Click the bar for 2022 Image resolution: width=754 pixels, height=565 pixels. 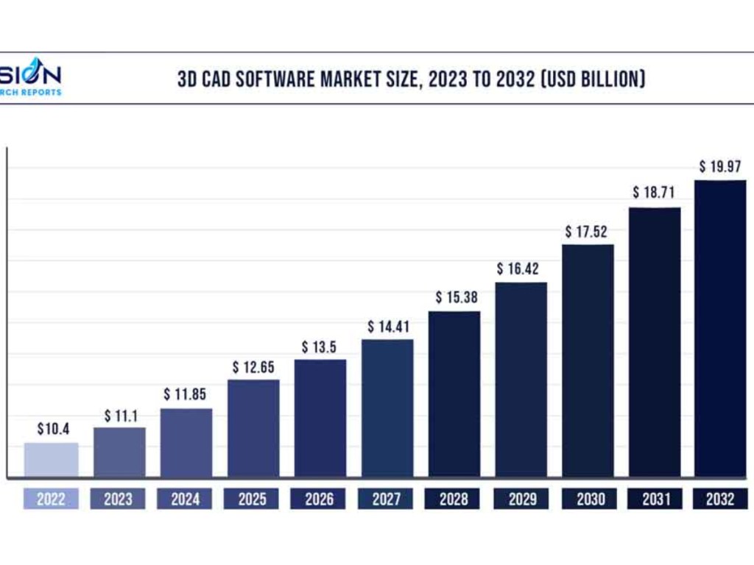(51, 460)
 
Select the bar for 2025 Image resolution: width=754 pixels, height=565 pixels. (253, 428)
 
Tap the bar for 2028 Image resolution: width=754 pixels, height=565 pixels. (454, 394)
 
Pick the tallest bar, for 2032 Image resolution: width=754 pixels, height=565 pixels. (720, 328)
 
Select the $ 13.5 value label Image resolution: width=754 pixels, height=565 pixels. (321, 347)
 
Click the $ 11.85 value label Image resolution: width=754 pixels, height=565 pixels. (185, 395)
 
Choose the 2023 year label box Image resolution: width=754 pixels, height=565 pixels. (118, 500)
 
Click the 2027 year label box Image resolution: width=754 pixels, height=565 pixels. (387, 500)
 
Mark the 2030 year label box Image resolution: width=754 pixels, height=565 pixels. (588, 500)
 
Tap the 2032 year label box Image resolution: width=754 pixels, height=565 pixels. (720, 500)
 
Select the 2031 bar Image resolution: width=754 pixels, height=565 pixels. (655, 342)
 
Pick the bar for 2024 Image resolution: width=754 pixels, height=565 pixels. (186, 443)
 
